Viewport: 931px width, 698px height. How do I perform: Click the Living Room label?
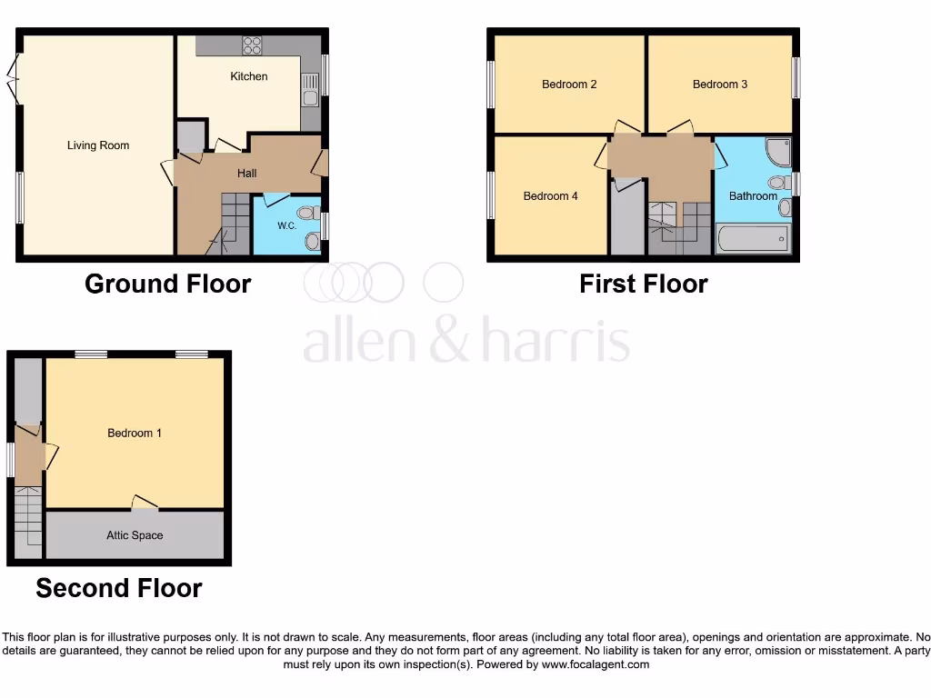(98, 145)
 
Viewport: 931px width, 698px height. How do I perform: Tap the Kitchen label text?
(248, 76)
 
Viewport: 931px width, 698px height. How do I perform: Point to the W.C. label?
(287, 225)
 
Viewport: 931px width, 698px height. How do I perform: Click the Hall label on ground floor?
(247, 174)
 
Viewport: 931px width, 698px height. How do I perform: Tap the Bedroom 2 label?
(569, 85)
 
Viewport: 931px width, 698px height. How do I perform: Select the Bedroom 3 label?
(720, 85)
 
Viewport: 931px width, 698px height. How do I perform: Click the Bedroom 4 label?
(550, 196)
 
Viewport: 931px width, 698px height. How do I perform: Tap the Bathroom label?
(753, 196)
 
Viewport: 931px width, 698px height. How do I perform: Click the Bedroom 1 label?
(135, 434)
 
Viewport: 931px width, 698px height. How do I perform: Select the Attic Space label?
(135, 536)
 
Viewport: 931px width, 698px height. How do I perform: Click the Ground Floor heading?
(167, 284)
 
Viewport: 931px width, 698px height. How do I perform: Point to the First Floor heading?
(643, 284)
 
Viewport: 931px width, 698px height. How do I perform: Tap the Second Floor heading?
(118, 588)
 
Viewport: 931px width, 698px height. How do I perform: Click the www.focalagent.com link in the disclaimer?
(596, 664)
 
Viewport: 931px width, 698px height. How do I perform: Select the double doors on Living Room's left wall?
(13, 80)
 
